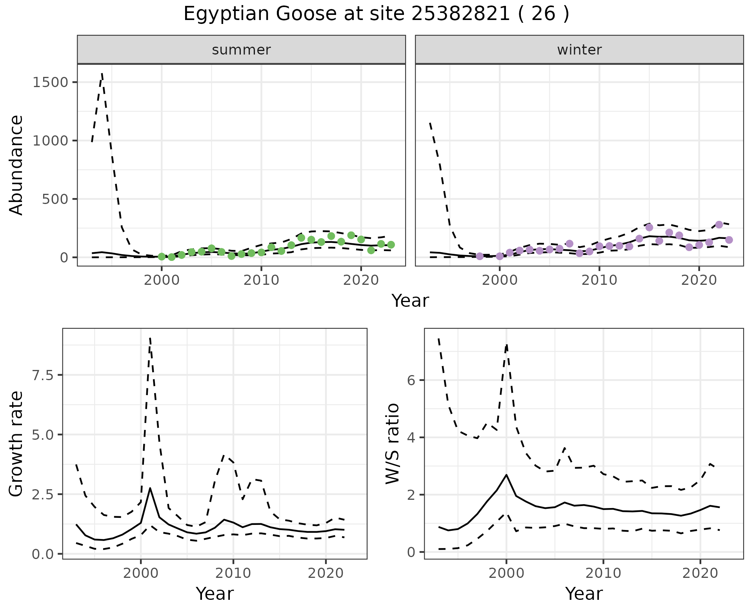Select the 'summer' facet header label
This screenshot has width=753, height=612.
(x=241, y=50)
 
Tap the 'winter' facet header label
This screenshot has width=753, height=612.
(x=579, y=50)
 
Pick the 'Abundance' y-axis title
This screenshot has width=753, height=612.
(x=16, y=165)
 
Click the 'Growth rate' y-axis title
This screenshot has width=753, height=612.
(x=16, y=444)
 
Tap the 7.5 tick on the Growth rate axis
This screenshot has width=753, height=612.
(x=44, y=375)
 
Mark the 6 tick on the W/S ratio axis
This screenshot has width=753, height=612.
(x=411, y=380)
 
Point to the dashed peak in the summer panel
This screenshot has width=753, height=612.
(x=102, y=73)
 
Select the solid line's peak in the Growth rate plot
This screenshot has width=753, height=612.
(x=150, y=488)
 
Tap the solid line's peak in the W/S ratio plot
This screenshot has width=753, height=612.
(x=506, y=475)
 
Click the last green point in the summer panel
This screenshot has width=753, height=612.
(x=391, y=245)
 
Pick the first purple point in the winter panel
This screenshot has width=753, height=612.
(x=480, y=256)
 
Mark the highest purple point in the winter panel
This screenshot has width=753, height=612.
(x=719, y=225)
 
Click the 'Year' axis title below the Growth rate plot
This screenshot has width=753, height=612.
(x=215, y=594)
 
